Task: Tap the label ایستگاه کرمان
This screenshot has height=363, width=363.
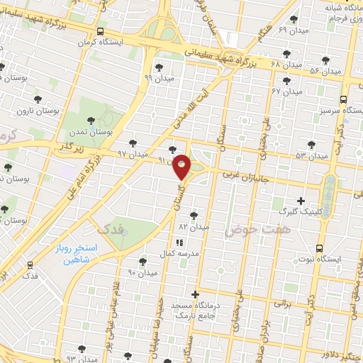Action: click(x=122, y=42)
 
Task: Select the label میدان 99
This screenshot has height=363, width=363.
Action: click(x=158, y=77)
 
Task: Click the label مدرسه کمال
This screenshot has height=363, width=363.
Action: click(x=201, y=252)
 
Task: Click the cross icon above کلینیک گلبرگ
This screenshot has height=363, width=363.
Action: click(x=301, y=201)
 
